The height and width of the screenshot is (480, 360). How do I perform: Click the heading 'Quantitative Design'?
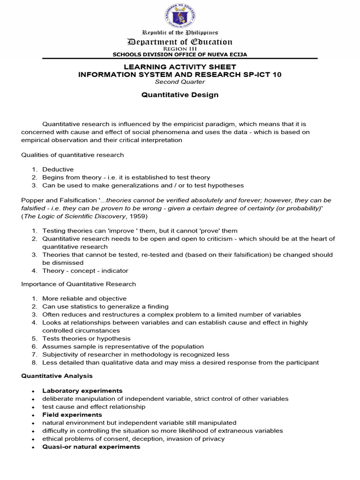180,95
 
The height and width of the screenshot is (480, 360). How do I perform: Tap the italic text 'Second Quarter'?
180,82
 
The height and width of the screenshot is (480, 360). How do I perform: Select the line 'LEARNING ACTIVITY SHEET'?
180,67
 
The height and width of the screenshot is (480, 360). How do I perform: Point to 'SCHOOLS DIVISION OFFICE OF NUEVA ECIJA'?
180,54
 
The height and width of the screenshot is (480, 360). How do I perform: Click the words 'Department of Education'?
180,42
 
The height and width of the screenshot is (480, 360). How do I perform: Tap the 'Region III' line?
180,49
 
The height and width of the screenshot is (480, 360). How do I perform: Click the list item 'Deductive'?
58,169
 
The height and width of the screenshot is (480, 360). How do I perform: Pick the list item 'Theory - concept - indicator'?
85,270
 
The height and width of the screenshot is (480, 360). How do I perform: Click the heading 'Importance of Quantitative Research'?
79,284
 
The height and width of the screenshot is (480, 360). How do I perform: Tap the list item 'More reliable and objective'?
84,298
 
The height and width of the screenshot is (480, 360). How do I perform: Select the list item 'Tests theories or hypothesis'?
86,338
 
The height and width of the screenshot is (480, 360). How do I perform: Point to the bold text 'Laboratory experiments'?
82,390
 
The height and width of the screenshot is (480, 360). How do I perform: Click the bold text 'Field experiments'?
72,415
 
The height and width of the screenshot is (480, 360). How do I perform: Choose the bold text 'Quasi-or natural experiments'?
91,447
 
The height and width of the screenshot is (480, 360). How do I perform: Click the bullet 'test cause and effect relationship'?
94,407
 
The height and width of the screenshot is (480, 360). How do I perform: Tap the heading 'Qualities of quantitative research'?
73,155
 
